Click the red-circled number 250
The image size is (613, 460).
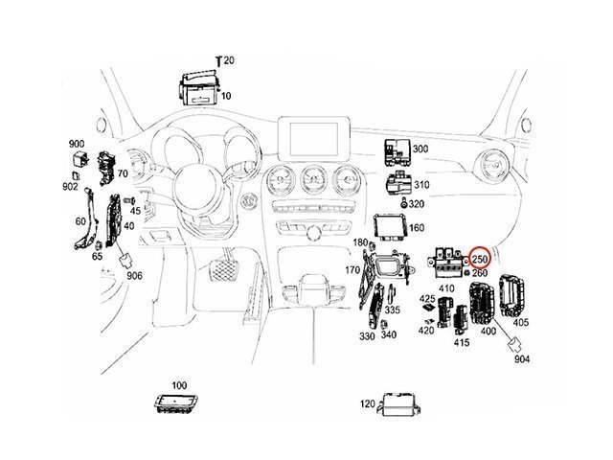[480, 260]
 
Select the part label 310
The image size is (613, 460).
[422, 184]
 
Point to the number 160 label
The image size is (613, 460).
[418, 227]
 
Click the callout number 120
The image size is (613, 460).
[368, 404]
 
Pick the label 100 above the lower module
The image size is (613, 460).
[179, 384]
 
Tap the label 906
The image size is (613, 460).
[134, 276]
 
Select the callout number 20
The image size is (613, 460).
[229, 60]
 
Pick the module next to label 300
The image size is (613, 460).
[393, 149]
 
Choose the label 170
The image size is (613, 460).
[352, 270]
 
